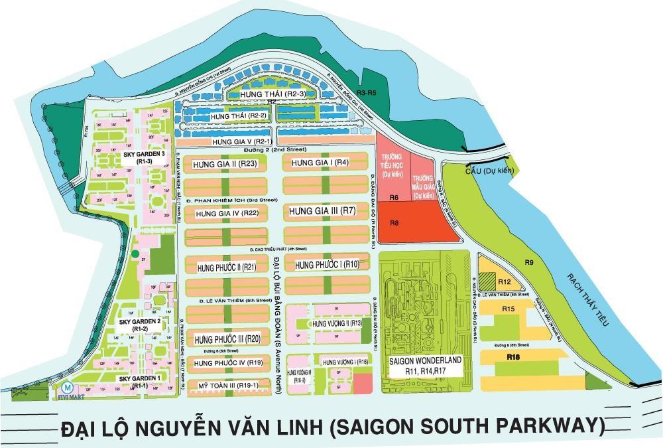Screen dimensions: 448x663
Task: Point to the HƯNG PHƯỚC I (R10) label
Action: click(328, 265)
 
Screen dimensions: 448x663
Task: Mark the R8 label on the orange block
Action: click(393, 223)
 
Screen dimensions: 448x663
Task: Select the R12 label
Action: click(504, 272)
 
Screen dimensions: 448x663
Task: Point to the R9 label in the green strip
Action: click(530, 262)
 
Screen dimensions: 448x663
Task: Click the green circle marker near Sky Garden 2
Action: click(135, 254)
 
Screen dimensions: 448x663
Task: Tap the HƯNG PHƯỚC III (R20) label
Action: click(227, 339)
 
